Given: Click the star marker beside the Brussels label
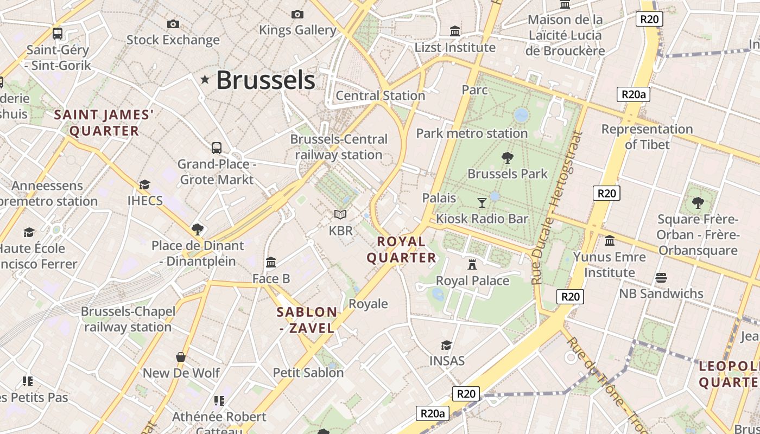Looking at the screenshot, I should pos(205,80).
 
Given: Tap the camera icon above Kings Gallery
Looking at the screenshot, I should pos(297,14).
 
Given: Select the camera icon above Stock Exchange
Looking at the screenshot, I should pos(173,24).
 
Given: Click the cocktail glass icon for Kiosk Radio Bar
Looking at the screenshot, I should pos(482,203).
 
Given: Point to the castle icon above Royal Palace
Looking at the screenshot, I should pos(472,265).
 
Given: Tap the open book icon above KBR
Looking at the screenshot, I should pos(340,215).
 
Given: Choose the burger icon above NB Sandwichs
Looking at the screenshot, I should pos(661,278).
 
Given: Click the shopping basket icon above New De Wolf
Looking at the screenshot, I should pos(181,357).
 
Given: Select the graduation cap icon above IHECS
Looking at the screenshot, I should pos(144,185).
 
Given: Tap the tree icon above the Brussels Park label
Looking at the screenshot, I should pos(508,158).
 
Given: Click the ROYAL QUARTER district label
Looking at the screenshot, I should pos(402,250).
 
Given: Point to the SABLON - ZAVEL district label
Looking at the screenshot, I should pos(307,320).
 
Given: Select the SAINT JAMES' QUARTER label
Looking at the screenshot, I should pos(104,123).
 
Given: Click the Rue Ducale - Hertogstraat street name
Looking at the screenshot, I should pos(554,208).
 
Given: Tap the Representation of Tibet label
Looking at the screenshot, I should pos(647,137).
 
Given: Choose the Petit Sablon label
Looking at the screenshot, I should pos(308,373).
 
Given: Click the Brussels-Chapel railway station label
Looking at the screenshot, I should pos(128,320).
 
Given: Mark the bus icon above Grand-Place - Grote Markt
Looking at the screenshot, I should pos(217,148).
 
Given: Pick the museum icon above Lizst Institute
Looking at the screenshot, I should pos(455,31).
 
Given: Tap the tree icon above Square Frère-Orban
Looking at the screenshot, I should pos(698,203).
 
